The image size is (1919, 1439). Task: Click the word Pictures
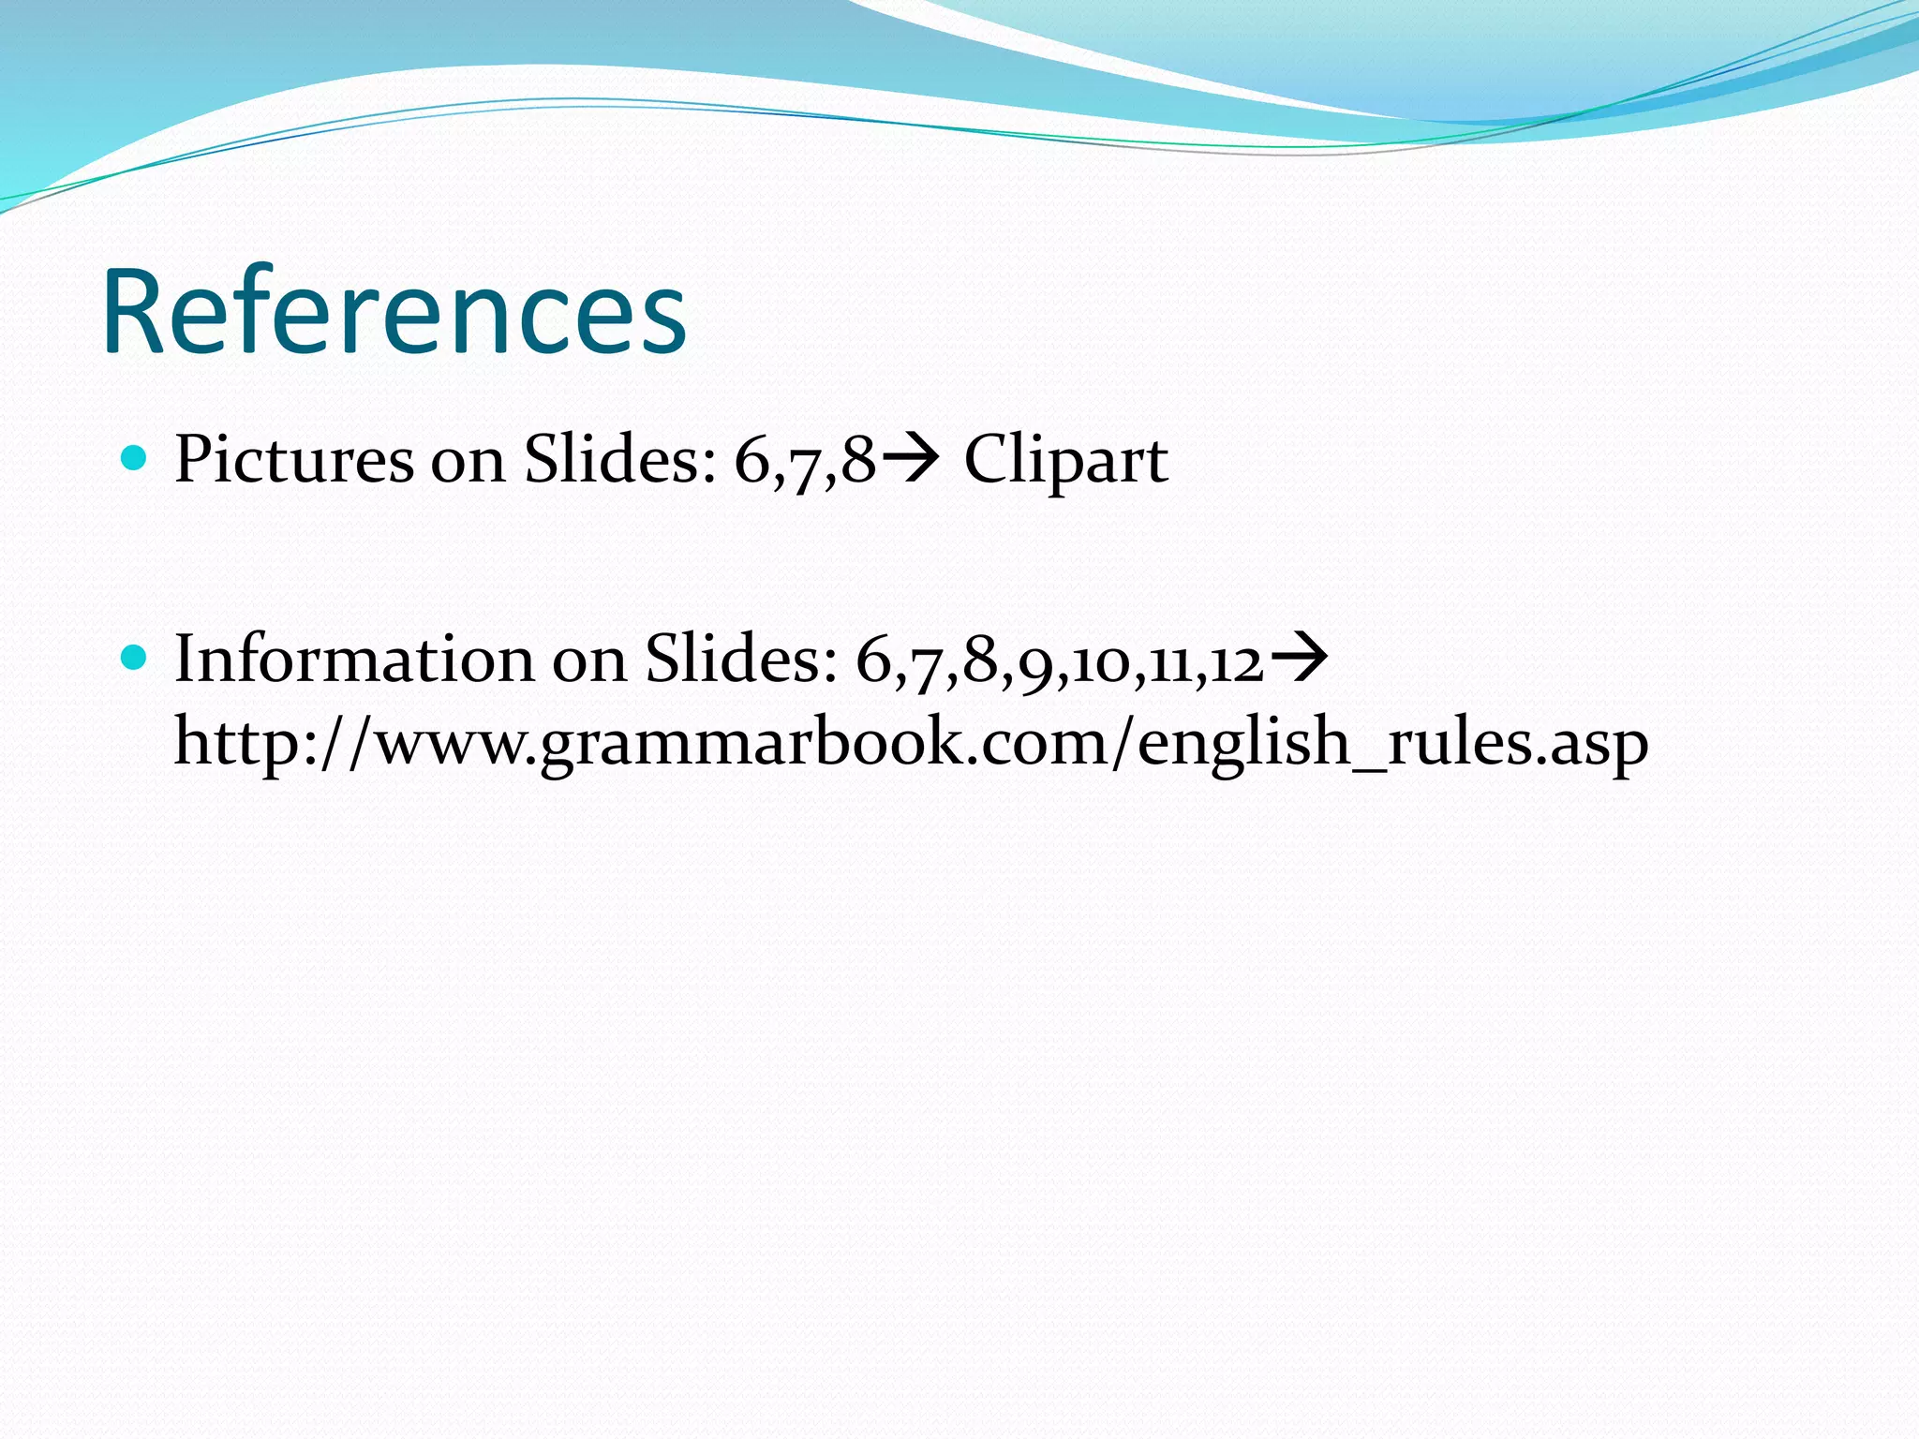[293, 460]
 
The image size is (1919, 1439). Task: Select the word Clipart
[1065, 460]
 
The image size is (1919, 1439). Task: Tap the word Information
[353, 659]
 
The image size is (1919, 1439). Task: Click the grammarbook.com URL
[911, 742]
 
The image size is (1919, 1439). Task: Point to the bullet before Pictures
[135, 458]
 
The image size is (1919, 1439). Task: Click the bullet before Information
[135, 657]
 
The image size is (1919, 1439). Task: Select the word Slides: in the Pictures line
[619, 460]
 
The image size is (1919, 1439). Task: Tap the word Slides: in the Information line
[741, 659]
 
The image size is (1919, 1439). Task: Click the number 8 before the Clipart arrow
[858, 462]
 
